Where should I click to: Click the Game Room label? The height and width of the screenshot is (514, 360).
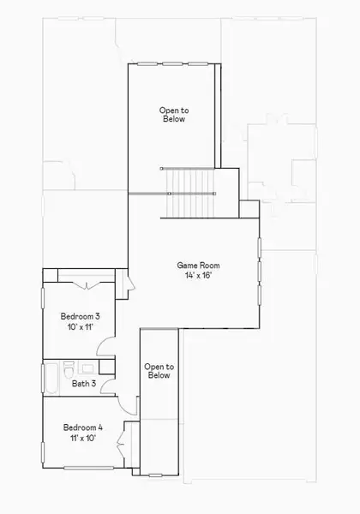[195, 266]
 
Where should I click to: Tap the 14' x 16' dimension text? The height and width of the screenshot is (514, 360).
[195, 277]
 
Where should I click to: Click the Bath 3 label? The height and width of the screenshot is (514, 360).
[83, 384]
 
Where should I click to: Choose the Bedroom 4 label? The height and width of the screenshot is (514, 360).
[82, 427]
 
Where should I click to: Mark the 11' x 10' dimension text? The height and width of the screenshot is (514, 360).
[82, 438]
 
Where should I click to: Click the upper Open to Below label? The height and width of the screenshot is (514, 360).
[173, 114]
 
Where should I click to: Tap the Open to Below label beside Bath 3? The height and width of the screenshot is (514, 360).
[158, 371]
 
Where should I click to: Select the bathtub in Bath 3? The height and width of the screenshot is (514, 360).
[51, 378]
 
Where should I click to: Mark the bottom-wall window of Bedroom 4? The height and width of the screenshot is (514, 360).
[83, 468]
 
